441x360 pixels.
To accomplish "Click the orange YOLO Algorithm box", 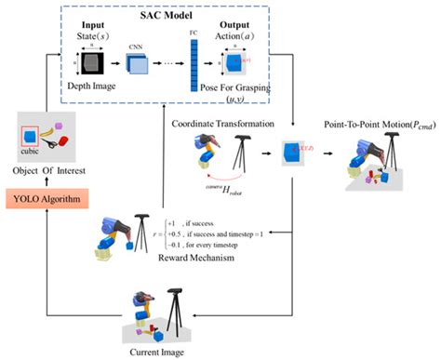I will pyautogui.click(x=44, y=199).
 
